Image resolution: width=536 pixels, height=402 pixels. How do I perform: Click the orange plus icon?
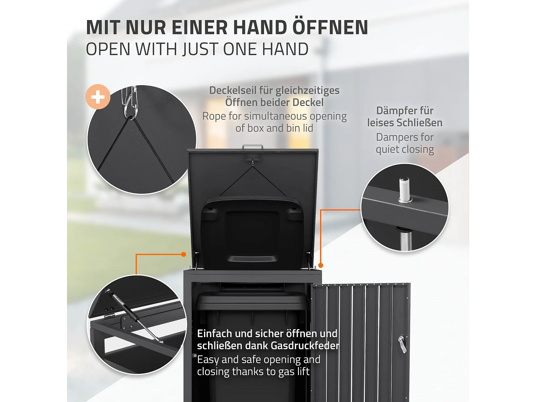[98, 97]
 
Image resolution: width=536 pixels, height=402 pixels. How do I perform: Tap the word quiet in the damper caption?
[387, 150]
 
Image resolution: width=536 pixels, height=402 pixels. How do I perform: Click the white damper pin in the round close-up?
[405, 189]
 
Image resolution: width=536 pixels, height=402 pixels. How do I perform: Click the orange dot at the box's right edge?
[321, 265]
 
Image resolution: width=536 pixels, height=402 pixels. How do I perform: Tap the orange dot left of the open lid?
[184, 254]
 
